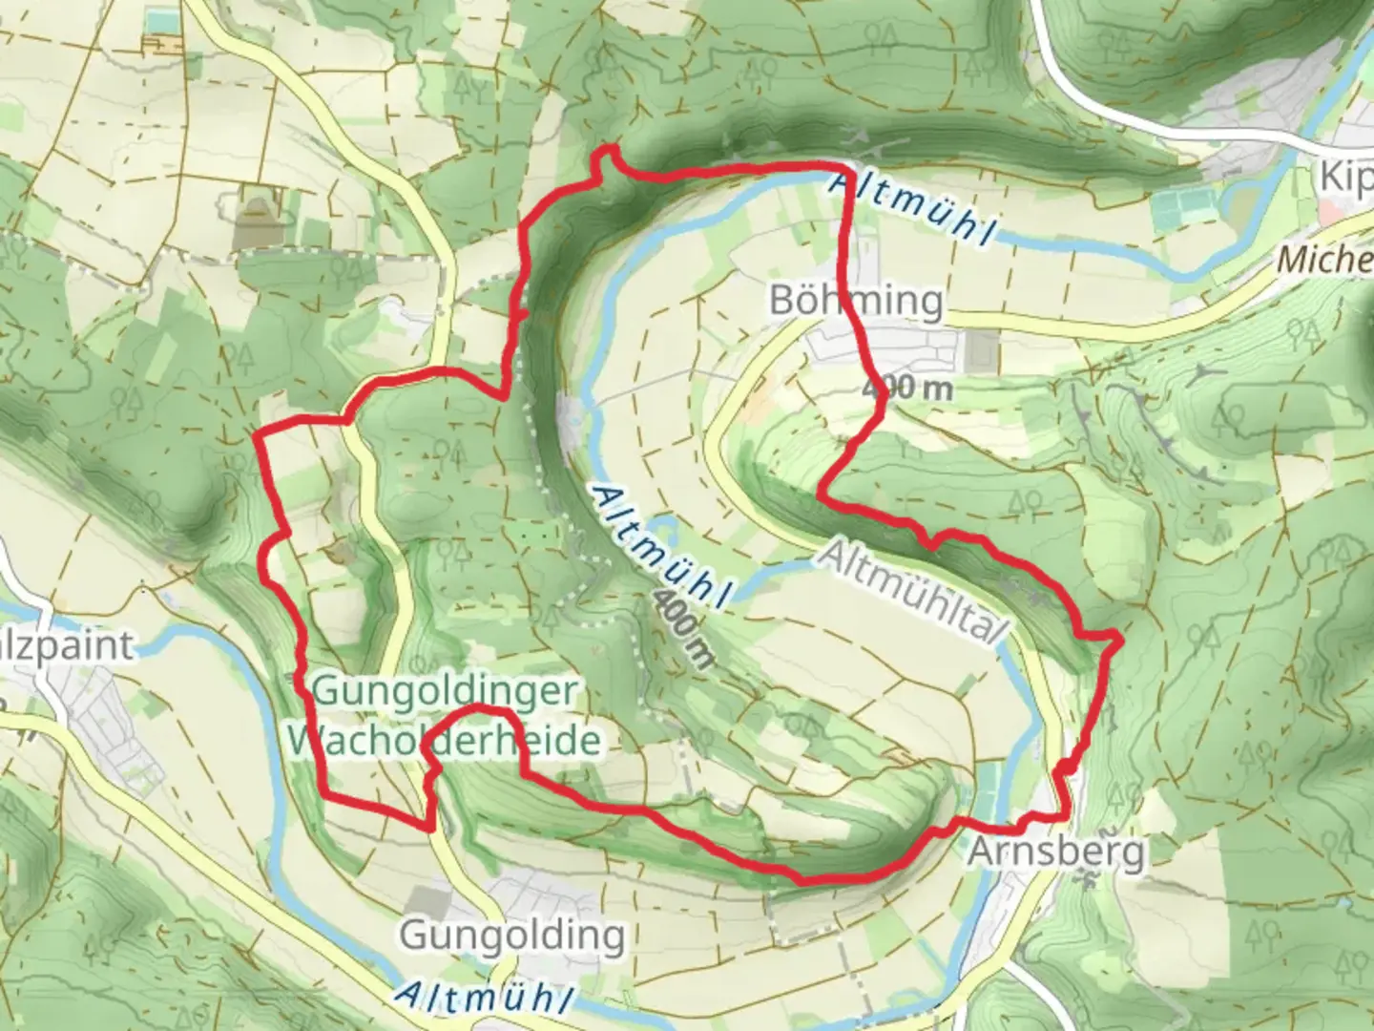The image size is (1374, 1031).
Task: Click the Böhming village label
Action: click(856, 301)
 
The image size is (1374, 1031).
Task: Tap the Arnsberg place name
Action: click(1056, 851)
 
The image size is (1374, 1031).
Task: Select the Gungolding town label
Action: click(512, 935)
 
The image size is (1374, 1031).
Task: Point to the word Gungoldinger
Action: click(444, 690)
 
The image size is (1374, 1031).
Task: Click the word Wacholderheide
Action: click(444, 740)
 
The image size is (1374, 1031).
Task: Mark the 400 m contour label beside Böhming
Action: click(907, 389)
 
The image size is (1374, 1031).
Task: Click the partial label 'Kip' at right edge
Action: click(1345, 179)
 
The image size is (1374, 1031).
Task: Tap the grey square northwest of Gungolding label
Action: click(426, 898)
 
